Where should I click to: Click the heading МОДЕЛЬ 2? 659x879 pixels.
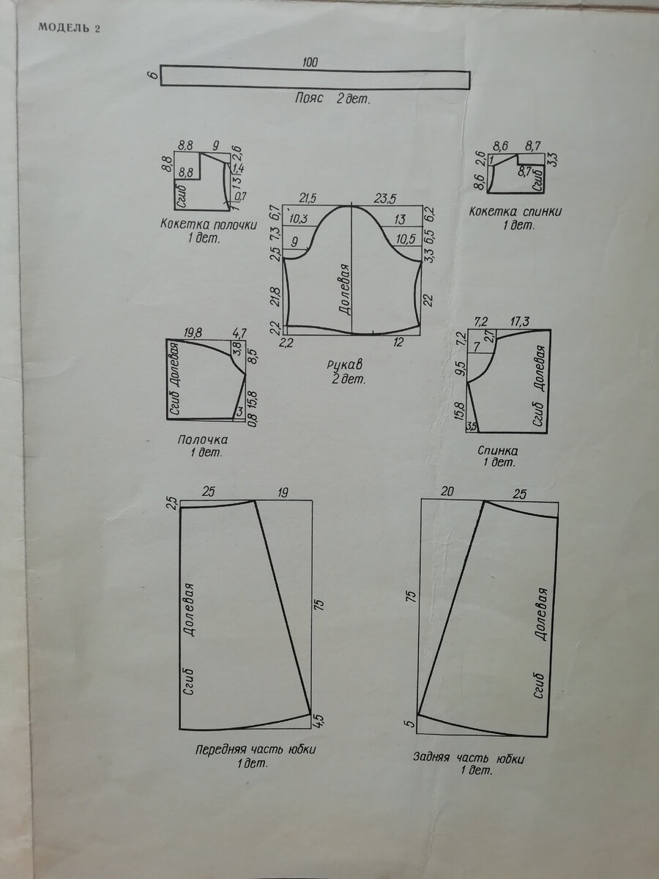[67, 29]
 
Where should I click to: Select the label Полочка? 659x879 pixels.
[203, 439]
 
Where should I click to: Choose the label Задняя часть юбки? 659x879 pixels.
[469, 757]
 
